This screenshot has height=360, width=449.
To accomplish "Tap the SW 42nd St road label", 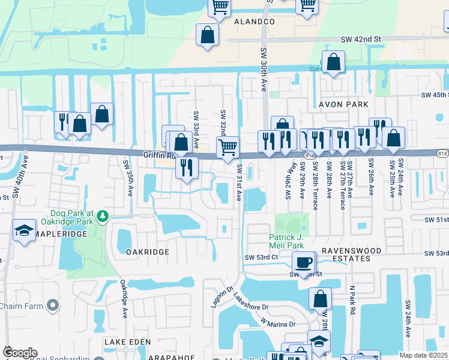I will click(361, 39).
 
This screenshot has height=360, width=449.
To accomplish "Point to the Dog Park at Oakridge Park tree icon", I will click(103, 215).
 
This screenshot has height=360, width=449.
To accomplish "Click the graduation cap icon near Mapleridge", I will click(24, 230).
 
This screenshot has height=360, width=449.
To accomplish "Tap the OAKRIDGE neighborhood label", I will click(148, 252).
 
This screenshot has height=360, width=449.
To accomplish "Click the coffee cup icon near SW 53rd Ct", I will click(304, 262).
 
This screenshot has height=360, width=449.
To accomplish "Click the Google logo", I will click(19, 353).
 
